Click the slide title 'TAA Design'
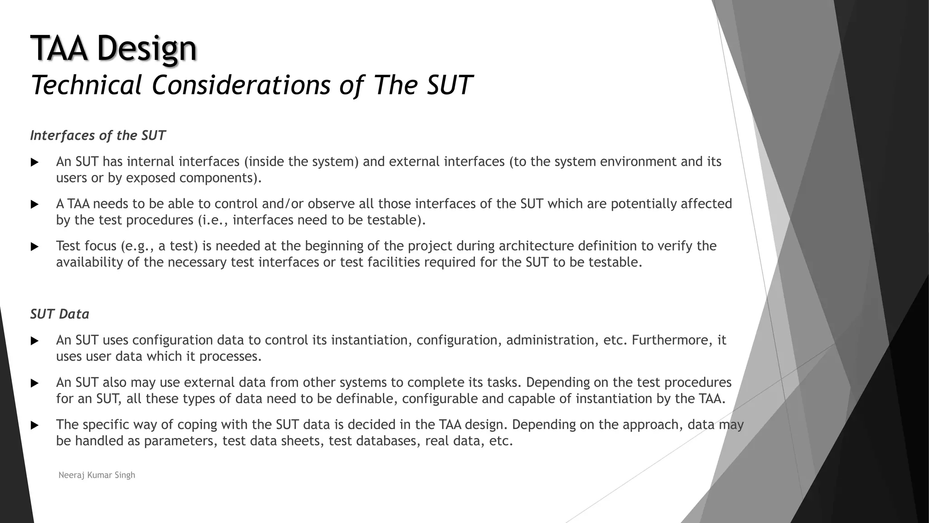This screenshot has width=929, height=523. click(113, 48)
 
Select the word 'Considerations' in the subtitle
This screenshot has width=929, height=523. click(241, 85)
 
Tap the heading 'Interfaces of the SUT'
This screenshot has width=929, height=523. click(98, 135)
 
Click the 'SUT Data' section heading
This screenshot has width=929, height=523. click(59, 314)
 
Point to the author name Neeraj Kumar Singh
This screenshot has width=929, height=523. click(97, 475)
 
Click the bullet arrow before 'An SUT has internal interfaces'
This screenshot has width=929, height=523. click(34, 162)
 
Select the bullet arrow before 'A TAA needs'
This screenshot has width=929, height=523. click(34, 204)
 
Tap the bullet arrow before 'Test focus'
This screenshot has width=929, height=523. click(34, 247)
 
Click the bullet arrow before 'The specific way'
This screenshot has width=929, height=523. click(34, 425)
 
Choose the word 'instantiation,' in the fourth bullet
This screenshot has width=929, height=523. click(372, 340)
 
